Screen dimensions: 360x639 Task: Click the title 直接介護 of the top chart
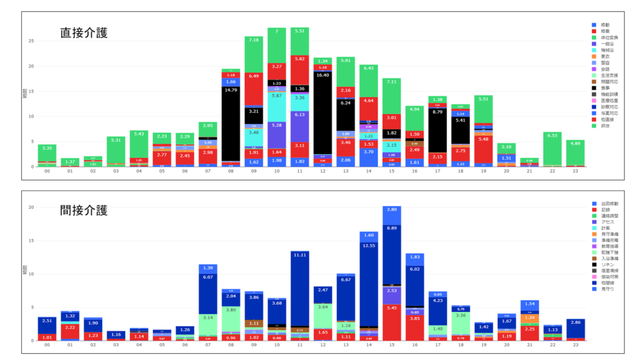pos(84,33)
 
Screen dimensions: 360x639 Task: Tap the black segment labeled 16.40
pos(323,75)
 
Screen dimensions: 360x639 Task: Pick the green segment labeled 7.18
pos(254,40)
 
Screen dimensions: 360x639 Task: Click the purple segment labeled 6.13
pos(300,115)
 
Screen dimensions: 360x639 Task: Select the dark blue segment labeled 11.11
pos(300,255)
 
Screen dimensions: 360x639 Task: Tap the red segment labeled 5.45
pos(392,308)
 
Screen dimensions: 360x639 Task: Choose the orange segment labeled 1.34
pos(530,318)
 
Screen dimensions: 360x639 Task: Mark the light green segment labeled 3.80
pos(231,310)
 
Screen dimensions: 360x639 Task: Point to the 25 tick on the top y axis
pos(31,41)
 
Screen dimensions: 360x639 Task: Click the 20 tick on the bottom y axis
pos(31,207)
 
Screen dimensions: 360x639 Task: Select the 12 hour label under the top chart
pos(323,173)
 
